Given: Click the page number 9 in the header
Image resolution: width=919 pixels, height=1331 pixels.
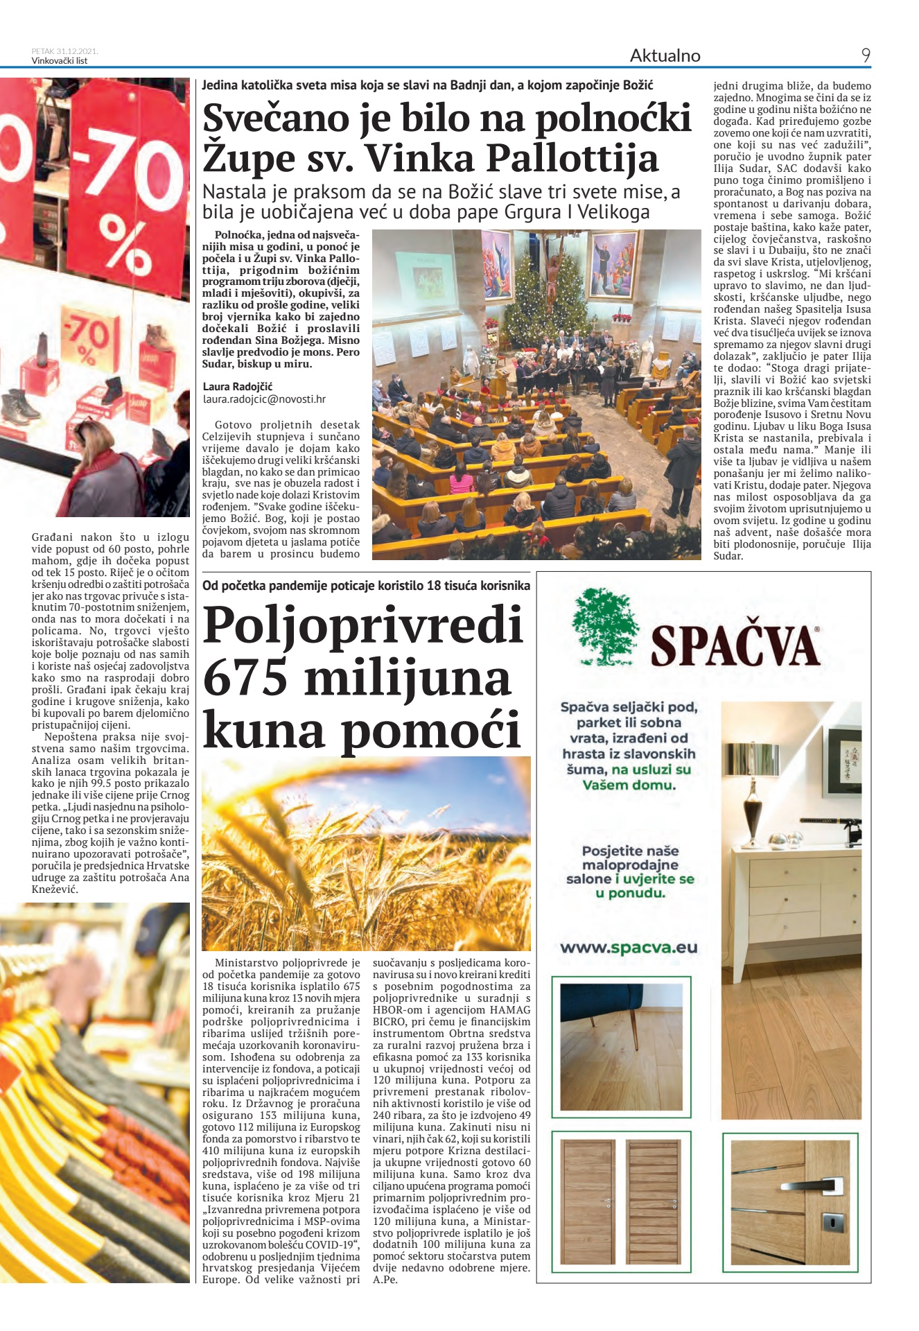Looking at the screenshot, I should (865, 55).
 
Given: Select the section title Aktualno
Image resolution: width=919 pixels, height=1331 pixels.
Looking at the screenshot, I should (665, 55).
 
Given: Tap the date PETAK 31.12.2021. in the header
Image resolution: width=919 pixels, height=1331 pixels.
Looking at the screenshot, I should (64, 51).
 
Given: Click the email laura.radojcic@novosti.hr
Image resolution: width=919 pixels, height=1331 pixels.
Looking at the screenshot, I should (264, 399).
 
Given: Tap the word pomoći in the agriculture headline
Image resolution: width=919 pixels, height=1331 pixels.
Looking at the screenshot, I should (431, 729).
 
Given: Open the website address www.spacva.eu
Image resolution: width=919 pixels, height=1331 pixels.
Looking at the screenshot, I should (629, 948).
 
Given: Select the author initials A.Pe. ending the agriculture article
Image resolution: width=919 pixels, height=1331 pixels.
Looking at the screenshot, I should (385, 1280).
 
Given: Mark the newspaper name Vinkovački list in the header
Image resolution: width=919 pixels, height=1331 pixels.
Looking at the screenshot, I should (60, 61).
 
